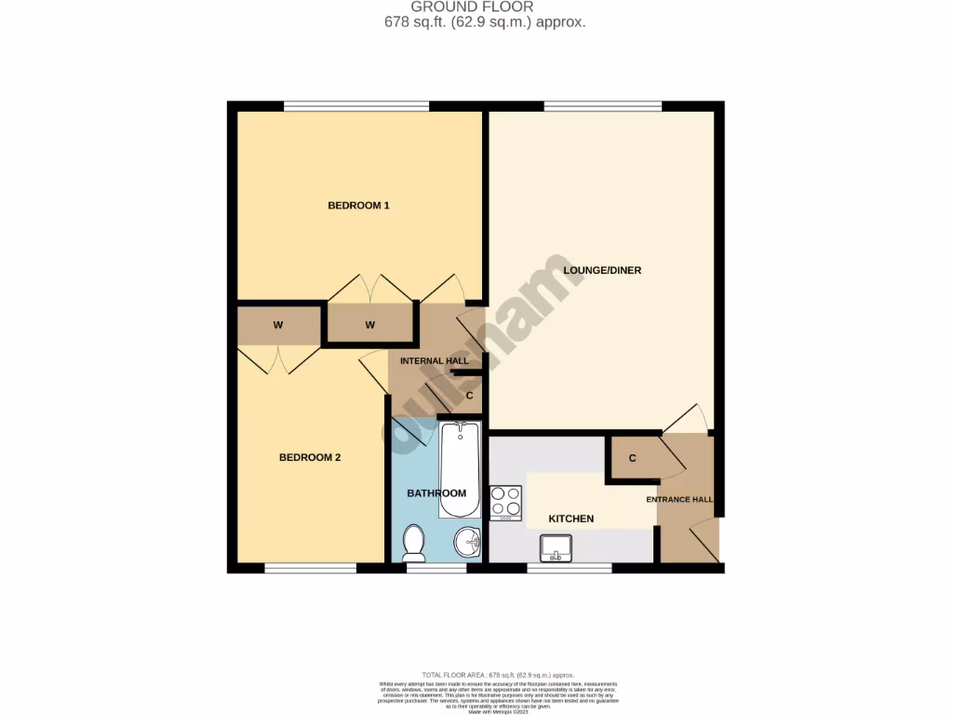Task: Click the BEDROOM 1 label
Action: pyautogui.click(x=358, y=205)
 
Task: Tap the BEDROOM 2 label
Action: pyautogui.click(x=311, y=457)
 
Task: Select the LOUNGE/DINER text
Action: pyautogui.click(x=602, y=271)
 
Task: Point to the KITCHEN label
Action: pyautogui.click(x=570, y=519)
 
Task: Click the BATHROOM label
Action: pyautogui.click(x=436, y=493)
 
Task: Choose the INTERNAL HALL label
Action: pyautogui.click(x=434, y=360)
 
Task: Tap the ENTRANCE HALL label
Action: pyautogui.click(x=680, y=500)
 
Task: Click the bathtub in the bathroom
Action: pyautogui.click(x=459, y=471)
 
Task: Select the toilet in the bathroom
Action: pyautogui.click(x=413, y=542)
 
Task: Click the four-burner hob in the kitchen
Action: pyautogui.click(x=505, y=502)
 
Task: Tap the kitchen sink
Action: pyautogui.click(x=556, y=550)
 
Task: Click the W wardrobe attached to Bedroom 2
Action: pyautogui.click(x=277, y=325)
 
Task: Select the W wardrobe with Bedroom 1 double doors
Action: pyautogui.click(x=369, y=325)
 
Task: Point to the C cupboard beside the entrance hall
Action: pyautogui.click(x=632, y=458)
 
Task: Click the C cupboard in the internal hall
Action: pyautogui.click(x=470, y=396)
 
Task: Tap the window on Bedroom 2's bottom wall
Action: pyautogui.click(x=310, y=567)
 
